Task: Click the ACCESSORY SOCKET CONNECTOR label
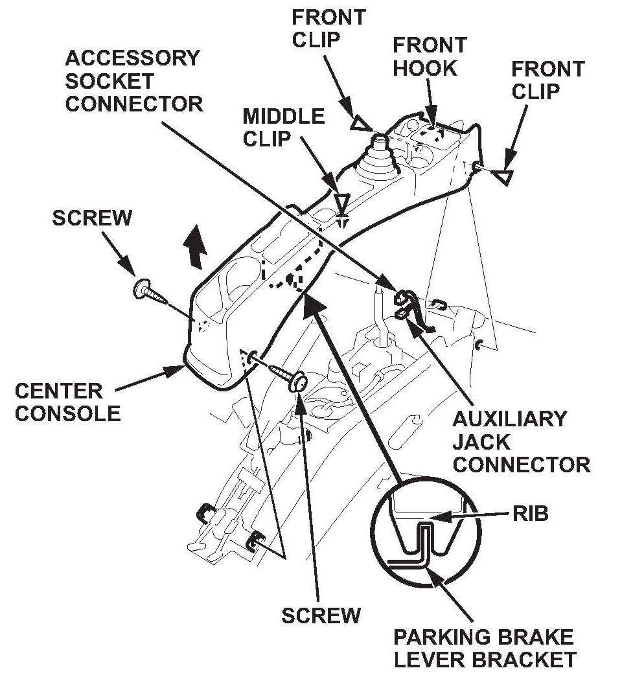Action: (x=133, y=81)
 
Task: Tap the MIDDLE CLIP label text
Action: (x=284, y=128)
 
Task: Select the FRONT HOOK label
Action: (x=430, y=56)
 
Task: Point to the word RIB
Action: (x=531, y=514)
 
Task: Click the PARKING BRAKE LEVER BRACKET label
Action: (x=485, y=648)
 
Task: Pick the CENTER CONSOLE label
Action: (x=67, y=402)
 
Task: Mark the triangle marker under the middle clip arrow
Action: (x=342, y=200)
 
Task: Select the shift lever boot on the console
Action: (x=378, y=159)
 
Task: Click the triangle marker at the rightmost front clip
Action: (x=501, y=176)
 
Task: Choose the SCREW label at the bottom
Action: (x=321, y=615)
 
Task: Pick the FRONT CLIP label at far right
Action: (x=547, y=80)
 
